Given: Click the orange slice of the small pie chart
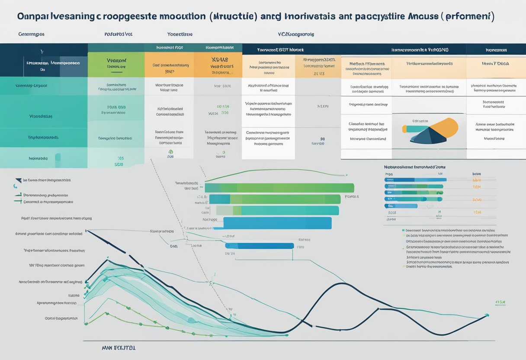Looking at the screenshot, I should pyautogui.click(x=446, y=126).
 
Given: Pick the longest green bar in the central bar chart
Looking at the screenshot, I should pyautogui.click(x=279, y=188).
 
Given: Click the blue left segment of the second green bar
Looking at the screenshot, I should pyautogui.click(x=220, y=199).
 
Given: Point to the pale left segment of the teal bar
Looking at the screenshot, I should pyautogui.click(x=225, y=210).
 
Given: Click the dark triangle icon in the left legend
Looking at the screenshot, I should pyautogui.click(x=18, y=180).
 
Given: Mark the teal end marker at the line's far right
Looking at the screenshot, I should pyautogui.click(x=487, y=315).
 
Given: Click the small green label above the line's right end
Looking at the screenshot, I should pyautogui.click(x=500, y=302).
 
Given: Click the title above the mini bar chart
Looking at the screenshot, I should pyautogui.click(x=414, y=167).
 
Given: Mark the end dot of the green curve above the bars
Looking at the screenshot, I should pyautogui.click(x=346, y=175).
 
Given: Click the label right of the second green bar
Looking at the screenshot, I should pyautogui.click(x=353, y=196).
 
